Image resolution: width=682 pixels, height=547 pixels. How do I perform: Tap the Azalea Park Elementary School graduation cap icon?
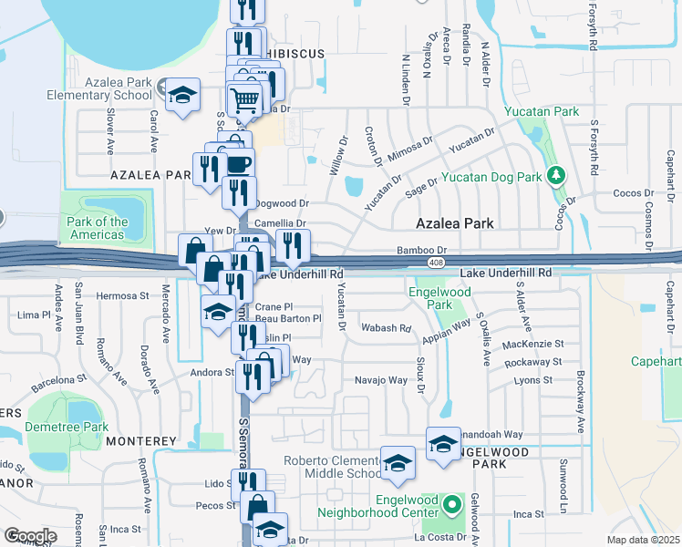click(x=182, y=93)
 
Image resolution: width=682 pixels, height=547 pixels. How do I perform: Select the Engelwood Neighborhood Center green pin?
click(x=451, y=504)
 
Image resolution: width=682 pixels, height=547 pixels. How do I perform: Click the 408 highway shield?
click(x=437, y=263)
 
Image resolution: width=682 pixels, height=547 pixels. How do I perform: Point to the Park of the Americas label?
click(x=98, y=228)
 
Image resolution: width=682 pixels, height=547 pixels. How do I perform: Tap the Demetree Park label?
click(x=67, y=427)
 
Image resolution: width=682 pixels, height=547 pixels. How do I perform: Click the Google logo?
click(x=30, y=535)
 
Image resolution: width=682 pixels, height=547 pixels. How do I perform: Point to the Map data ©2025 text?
click(x=644, y=540)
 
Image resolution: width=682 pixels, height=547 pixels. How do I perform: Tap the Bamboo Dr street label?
click(x=421, y=250)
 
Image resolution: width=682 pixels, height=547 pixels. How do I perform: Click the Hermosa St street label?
click(x=122, y=295)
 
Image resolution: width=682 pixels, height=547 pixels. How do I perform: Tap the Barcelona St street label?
click(x=58, y=381)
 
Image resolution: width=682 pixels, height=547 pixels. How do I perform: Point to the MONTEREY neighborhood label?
click(x=139, y=440)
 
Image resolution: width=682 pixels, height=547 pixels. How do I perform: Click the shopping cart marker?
click(x=244, y=99)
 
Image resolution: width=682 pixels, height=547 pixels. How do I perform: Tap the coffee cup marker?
click(x=238, y=164)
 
